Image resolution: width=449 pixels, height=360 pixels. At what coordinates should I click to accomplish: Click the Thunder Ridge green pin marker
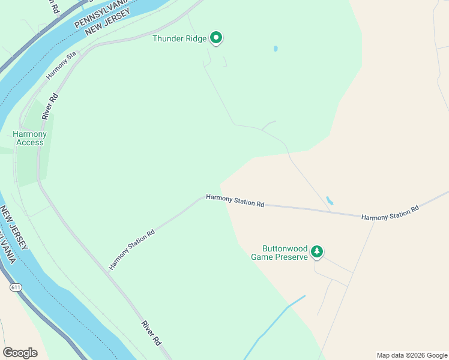(x=216, y=38)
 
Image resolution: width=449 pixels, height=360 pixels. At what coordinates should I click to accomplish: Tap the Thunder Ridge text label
(x=179, y=39)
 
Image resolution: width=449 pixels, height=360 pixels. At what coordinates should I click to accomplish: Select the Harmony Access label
(x=30, y=138)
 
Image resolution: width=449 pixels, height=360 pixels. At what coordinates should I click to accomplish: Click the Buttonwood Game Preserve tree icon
(x=317, y=252)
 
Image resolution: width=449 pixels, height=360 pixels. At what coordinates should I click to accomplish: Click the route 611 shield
(x=16, y=288)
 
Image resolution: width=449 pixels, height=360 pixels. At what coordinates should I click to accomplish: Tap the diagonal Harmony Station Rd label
(x=131, y=249)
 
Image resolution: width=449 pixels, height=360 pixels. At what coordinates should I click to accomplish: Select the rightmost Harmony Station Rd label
(x=390, y=214)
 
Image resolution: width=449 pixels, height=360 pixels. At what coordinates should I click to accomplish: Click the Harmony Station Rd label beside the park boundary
(x=235, y=200)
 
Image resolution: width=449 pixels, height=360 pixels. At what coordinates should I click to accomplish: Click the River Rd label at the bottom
(x=151, y=332)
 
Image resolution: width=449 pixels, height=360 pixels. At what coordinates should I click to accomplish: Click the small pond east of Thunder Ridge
(x=276, y=49)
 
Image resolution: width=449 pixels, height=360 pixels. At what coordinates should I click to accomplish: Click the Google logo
(x=20, y=353)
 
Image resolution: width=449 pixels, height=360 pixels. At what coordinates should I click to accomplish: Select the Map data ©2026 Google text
(x=412, y=355)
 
